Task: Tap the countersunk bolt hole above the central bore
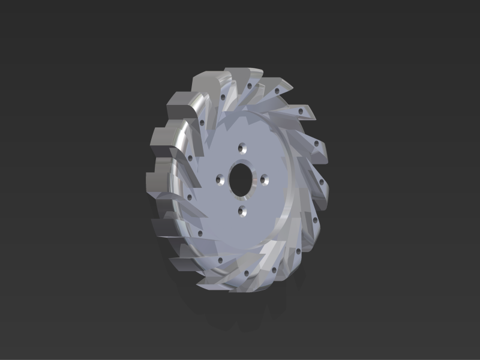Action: (242, 147)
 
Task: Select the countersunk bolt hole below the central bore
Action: (242, 210)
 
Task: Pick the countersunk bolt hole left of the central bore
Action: (220, 179)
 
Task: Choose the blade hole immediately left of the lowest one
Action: (220, 260)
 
